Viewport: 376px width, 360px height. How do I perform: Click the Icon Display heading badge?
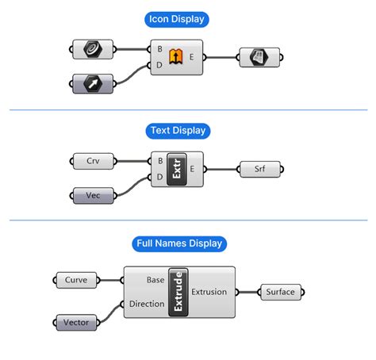(177, 19)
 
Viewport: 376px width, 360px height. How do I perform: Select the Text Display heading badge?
(178, 131)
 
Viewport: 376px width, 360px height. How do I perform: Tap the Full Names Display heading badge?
(179, 243)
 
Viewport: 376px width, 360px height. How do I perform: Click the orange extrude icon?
(176, 56)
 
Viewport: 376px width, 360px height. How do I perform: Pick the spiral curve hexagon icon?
(93, 49)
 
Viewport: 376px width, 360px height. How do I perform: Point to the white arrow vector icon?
(93, 84)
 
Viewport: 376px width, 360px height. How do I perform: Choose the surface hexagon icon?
(259, 57)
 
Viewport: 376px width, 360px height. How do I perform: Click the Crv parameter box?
(93, 161)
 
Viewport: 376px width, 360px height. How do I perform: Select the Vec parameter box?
(93, 196)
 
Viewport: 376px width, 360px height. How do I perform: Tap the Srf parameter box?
(259, 169)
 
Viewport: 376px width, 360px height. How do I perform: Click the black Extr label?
(177, 169)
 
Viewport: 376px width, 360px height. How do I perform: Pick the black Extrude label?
(178, 292)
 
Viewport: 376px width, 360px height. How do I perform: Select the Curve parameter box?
(76, 280)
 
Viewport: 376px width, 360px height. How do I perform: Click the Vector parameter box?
(76, 323)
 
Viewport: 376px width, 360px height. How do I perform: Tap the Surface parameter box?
(281, 292)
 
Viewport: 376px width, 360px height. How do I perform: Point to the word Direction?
(147, 304)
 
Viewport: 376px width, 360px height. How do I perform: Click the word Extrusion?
(209, 292)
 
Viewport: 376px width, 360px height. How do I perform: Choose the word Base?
(155, 280)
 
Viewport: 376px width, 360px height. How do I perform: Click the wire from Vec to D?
(132, 186)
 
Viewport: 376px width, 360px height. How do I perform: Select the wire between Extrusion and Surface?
(247, 292)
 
